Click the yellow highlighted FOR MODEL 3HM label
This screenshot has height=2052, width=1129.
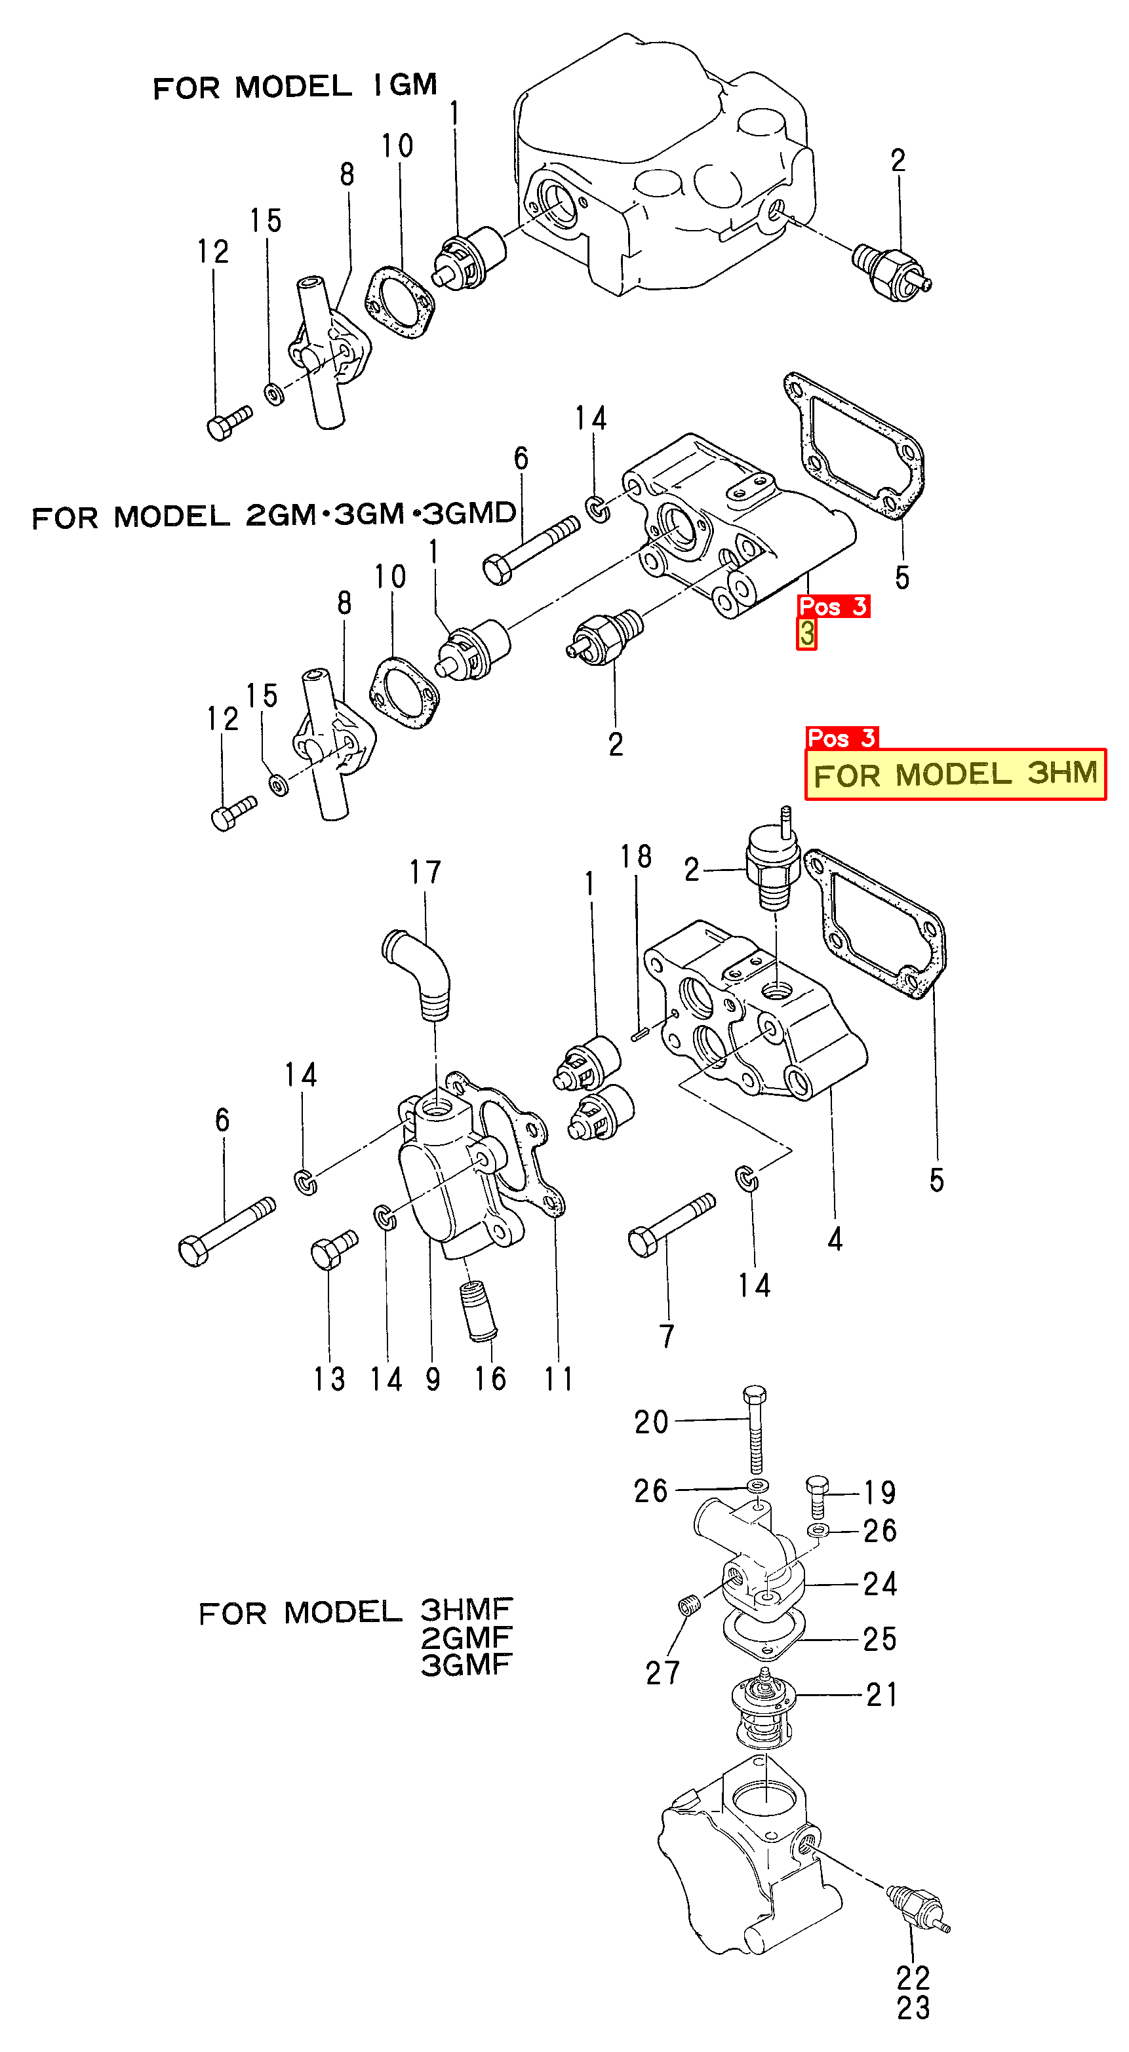point(955,774)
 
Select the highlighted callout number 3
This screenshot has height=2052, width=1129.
point(806,634)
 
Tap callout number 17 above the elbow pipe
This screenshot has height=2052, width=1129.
point(426,872)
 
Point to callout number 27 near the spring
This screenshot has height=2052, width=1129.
point(662,1673)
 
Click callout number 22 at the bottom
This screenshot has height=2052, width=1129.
point(913,1978)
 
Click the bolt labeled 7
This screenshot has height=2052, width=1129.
point(671,1225)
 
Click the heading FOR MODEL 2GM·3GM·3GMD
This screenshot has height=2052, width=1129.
point(273,515)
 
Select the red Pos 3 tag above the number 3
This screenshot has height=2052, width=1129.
point(833,606)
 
